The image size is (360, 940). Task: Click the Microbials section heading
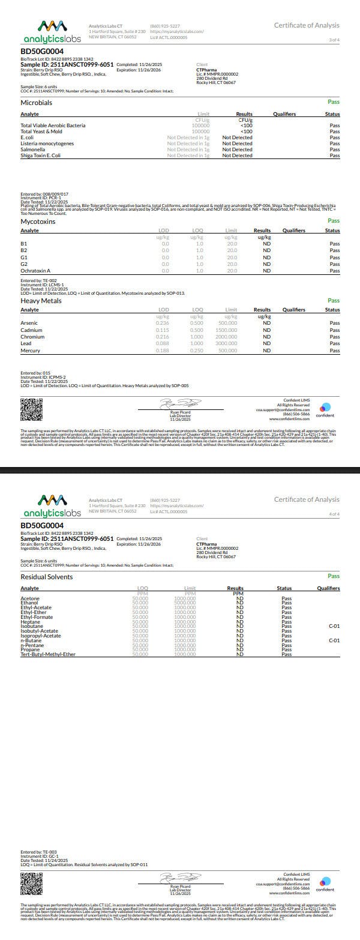tap(36, 103)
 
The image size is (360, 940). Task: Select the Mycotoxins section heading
tap(38, 221)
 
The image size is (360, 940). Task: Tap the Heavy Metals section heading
tap(41, 301)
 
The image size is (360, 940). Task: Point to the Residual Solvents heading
tap(47, 577)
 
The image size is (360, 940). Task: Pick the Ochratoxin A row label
tap(35, 271)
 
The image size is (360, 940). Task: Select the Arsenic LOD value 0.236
tap(162, 323)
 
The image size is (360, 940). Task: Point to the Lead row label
tap(26, 343)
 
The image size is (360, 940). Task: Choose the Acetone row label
tap(30, 598)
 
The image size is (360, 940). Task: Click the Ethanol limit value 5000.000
tap(185, 603)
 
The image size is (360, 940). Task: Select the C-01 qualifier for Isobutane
tap(334, 626)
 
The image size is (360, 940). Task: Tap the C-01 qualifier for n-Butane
tap(334, 640)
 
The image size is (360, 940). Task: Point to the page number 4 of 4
tap(334, 514)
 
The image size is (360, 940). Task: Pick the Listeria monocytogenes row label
tap(47, 143)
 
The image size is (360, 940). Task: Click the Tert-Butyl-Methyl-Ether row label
tap(48, 654)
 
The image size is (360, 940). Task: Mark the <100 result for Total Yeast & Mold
tap(246, 131)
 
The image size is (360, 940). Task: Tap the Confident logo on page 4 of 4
tap(325, 884)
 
